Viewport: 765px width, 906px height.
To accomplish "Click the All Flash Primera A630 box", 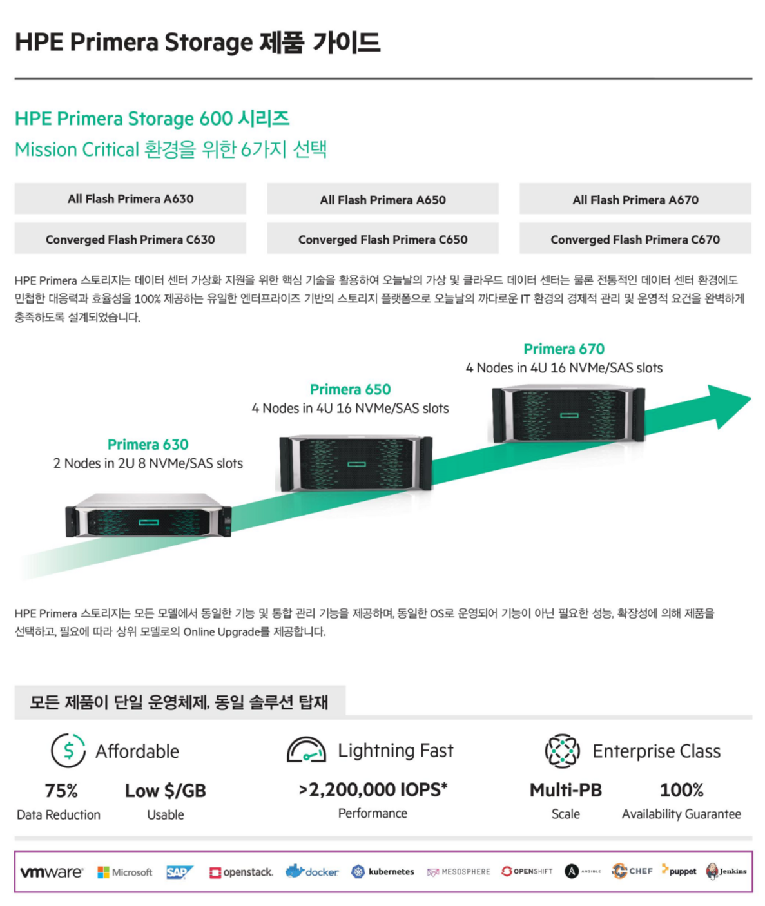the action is (x=130, y=198).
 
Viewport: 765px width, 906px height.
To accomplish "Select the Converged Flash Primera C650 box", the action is (x=383, y=239).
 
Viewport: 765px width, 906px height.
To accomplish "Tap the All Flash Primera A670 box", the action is (x=635, y=199).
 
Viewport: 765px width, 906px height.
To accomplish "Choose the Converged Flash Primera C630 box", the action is (x=130, y=239).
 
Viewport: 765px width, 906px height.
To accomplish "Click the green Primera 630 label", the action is (x=148, y=445).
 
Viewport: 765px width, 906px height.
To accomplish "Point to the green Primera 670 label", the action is (x=564, y=349).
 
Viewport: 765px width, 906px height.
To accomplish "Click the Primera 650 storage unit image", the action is (x=356, y=463).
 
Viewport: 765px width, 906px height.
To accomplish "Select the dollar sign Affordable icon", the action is (x=68, y=751).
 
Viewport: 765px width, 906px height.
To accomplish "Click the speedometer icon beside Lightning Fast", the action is (x=306, y=751).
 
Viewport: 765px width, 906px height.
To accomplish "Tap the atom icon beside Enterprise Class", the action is (x=562, y=751).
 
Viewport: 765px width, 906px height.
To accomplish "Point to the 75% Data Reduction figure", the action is (x=61, y=791).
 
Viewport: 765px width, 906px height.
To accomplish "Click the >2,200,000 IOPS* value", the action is (x=373, y=789).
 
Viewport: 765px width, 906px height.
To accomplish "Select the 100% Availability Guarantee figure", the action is (x=681, y=790).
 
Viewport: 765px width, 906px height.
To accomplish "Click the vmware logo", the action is (x=52, y=872).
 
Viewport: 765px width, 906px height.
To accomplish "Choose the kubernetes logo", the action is (x=383, y=872).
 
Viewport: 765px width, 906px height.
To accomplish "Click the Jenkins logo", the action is (x=726, y=871).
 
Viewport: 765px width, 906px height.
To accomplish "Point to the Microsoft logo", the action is (x=125, y=872).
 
